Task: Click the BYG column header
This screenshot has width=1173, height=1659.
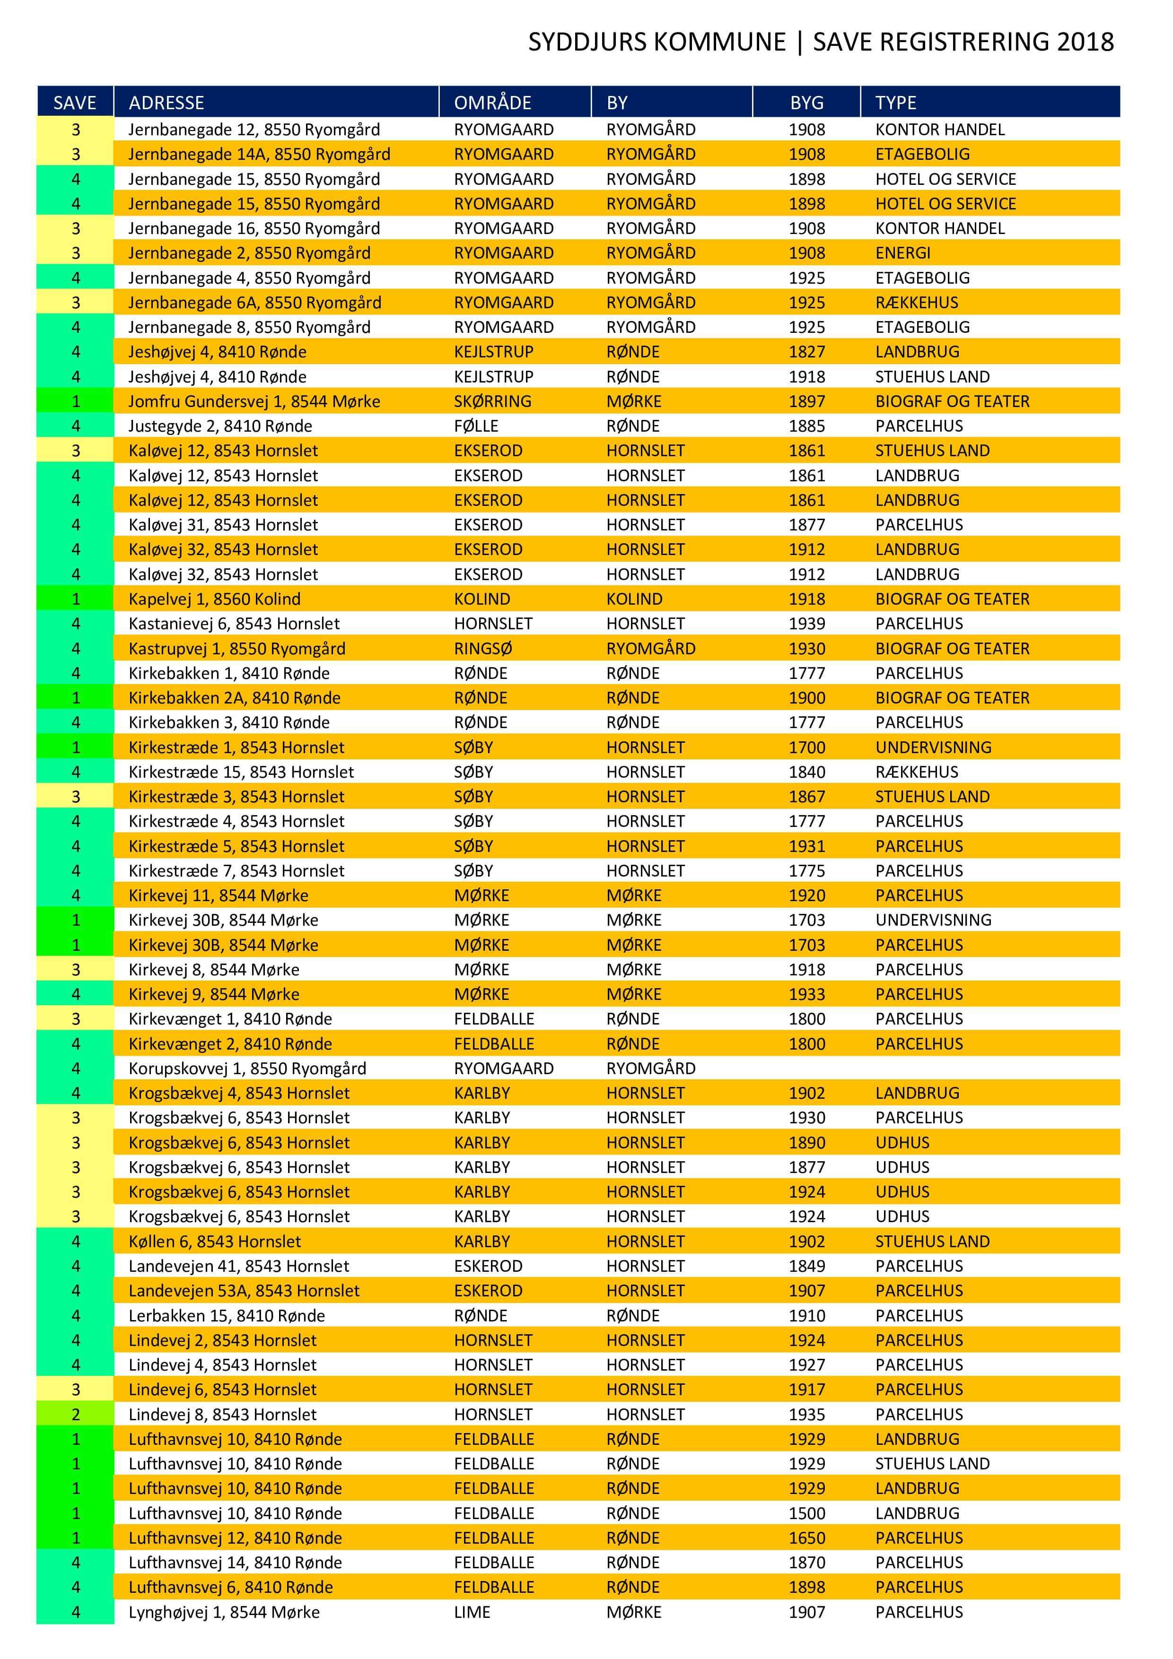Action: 806,103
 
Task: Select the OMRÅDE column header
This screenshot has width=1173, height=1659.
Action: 492,103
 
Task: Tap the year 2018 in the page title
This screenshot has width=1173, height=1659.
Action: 1085,42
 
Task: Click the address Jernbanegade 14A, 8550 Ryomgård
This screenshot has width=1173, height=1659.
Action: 259,154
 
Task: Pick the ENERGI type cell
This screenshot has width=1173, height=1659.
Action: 903,253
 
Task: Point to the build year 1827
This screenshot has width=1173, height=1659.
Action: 806,352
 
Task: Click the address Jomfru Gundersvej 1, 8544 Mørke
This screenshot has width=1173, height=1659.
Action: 254,401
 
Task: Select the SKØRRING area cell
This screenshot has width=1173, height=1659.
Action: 492,401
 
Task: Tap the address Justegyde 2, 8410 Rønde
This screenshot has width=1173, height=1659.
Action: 220,426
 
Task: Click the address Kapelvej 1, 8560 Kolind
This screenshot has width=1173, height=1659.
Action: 214,599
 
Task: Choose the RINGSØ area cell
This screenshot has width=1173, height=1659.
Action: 483,648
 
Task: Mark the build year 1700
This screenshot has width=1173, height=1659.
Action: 806,747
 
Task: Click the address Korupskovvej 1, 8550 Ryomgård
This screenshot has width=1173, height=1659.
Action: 247,1068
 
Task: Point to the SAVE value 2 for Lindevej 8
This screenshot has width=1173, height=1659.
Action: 76,1414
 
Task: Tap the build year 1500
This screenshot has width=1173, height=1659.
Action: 806,1513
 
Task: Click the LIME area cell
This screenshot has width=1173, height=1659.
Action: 472,1612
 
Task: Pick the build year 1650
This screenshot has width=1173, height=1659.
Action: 806,1537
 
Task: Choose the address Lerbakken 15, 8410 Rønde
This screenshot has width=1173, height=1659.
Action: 226,1315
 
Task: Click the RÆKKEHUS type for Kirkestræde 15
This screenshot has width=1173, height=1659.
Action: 917,772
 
